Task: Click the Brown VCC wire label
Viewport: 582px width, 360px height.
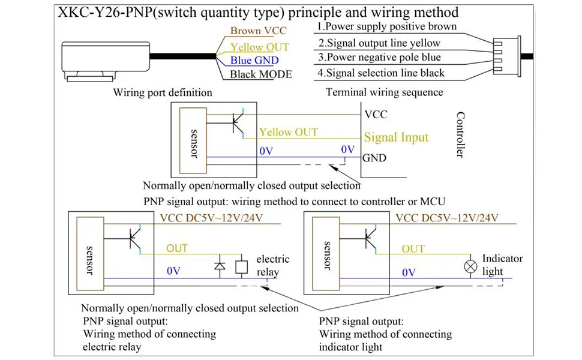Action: [x=259, y=31]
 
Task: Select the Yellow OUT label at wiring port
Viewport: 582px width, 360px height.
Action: [x=260, y=47]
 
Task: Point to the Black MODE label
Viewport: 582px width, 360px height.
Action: [x=261, y=74]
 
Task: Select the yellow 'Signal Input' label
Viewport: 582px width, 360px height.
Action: [x=396, y=137]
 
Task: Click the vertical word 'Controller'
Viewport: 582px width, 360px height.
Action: [x=460, y=135]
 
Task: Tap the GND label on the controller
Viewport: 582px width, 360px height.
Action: [x=374, y=158]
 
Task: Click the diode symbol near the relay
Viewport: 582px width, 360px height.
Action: [x=220, y=265]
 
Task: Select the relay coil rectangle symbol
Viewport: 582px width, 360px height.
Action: [x=242, y=265]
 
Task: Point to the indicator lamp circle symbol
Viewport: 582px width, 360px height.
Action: [x=471, y=265]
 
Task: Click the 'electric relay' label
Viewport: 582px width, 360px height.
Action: [x=273, y=266]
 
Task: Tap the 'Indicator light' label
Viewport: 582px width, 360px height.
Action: [x=502, y=265]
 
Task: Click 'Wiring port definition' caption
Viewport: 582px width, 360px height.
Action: [x=163, y=93]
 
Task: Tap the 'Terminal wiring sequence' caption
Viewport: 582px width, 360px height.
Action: [x=384, y=92]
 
